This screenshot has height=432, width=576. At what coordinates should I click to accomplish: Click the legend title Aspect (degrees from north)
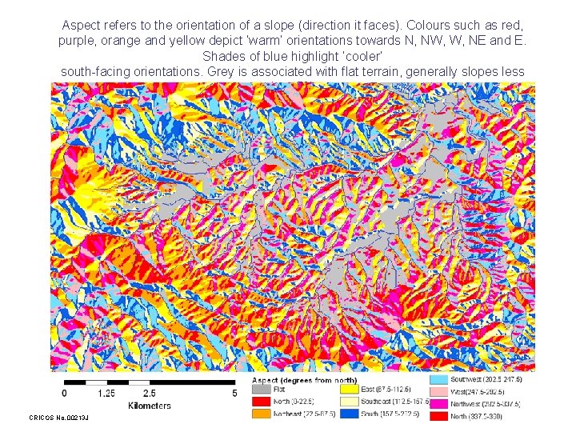click(x=306, y=379)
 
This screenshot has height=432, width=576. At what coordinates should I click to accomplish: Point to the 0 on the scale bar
click(x=65, y=393)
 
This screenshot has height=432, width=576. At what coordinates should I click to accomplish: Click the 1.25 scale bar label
click(x=106, y=393)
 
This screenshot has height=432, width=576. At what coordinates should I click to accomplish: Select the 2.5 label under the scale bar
click(x=150, y=393)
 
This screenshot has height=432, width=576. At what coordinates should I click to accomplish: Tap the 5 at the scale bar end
click(x=234, y=393)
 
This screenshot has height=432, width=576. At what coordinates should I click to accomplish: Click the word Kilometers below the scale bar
click(x=149, y=406)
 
